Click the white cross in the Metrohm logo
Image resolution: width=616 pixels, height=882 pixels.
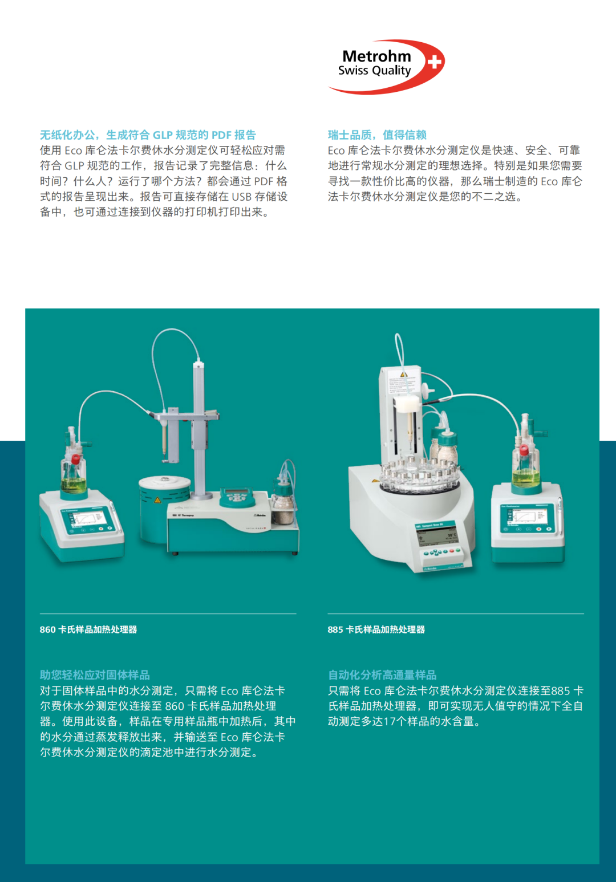[435, 62]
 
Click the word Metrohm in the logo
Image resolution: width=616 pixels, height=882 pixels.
[376, 56]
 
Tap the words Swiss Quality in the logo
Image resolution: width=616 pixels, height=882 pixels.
[375, 71]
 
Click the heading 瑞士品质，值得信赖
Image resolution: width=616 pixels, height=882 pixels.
[378, 135]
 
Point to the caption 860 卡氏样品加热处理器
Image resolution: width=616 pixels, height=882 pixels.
[88, 629]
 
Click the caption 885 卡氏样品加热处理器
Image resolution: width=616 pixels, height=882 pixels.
[376, 629]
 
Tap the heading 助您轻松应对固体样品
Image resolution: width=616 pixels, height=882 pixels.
[95, 675]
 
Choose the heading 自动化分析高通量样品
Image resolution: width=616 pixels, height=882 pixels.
[383, 675]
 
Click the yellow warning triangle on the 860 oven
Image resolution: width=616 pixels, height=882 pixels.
[157, 500]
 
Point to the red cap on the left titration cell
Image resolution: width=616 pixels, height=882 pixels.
[75, 459]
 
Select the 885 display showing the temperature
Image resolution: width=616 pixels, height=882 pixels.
[437, 536]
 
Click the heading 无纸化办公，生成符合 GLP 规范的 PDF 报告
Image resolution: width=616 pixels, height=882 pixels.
[148, 135]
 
